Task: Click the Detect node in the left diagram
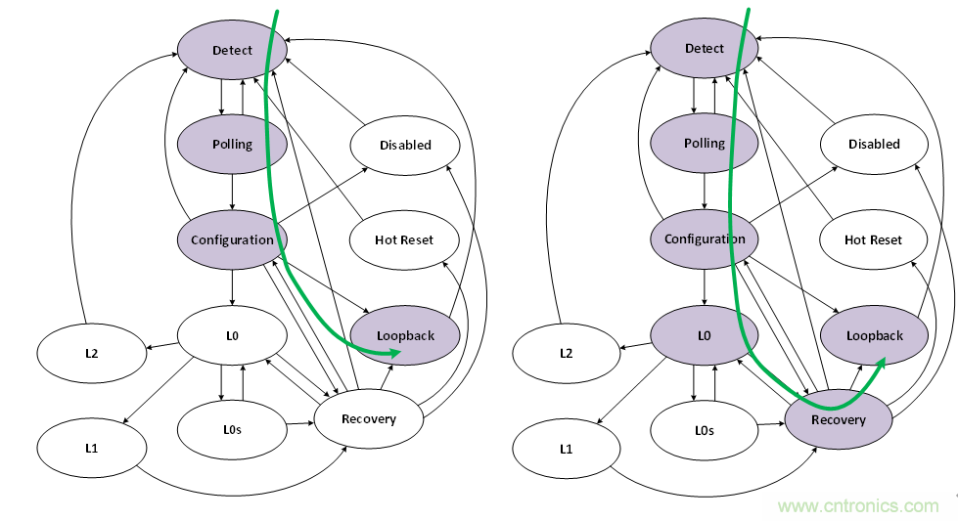tap(232, 50)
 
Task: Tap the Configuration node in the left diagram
tap(232, 239)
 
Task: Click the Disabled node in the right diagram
tap(874, 144)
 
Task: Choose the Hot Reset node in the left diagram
tap(404, 239)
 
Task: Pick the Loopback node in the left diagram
tap(405, 335)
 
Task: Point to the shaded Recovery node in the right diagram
tap(839, 419)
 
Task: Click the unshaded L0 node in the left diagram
tap(232, 335)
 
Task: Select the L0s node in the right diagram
tap(705, 430)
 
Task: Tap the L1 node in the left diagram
tap(91, 448)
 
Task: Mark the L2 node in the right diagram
tap(567, 352)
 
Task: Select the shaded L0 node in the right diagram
tap(705, 335)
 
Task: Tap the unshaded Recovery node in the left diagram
tap(369, 419)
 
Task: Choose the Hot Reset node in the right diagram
tap(874, 239)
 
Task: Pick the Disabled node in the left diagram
tap(405, 145)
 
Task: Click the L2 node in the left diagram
tap(91, 353)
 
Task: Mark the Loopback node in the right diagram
tap(875, 335)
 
